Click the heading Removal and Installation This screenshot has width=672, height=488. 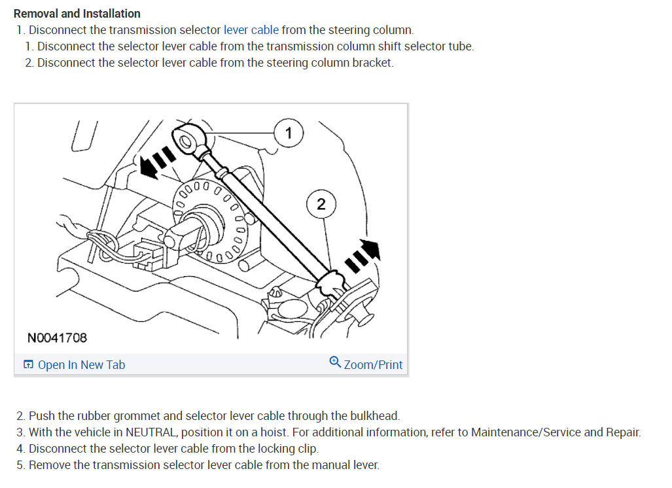77,13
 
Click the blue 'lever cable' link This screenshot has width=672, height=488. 251,30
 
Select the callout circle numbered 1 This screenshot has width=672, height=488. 289,133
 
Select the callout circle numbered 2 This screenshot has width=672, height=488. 321,203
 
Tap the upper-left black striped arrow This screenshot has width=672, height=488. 156,163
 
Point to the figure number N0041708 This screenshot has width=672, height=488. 57,338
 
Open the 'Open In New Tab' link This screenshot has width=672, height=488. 81,365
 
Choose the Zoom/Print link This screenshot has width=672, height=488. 373,365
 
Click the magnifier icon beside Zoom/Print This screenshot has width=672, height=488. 335,362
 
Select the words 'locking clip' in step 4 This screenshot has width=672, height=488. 287,449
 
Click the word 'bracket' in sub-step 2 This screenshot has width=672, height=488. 372,63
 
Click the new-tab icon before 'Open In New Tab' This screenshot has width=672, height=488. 28,365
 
